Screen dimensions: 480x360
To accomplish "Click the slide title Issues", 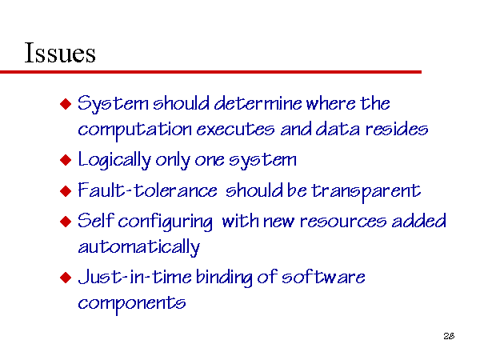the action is (60, 53).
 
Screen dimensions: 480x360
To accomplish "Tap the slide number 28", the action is (449, 336).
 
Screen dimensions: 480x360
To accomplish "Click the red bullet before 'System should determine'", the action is (66, 104).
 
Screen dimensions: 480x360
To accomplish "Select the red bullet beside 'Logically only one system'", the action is (66, 160).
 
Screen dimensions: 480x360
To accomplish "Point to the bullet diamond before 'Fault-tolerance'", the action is (66, 191).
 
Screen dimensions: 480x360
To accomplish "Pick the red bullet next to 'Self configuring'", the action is (66, 222).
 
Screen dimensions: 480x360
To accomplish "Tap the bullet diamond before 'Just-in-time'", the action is (66, 278).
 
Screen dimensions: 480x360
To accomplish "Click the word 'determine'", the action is (258, 103).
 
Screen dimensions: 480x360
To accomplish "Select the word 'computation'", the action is (135, 130).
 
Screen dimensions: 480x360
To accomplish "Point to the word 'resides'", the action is (397, 129).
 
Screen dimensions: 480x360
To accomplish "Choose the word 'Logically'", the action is (114, 160).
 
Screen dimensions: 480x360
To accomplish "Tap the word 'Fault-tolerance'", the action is (147, 190).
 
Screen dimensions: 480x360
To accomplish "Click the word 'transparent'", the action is (366, 192).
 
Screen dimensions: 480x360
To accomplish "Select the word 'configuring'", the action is (166, 222).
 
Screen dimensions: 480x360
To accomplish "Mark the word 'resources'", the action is (343, 222).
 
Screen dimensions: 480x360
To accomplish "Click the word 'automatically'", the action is (139, 247).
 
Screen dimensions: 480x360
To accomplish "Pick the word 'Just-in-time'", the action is (134, 277).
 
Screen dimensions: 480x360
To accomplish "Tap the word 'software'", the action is (323, 277).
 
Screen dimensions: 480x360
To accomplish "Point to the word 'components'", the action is (132, 304).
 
